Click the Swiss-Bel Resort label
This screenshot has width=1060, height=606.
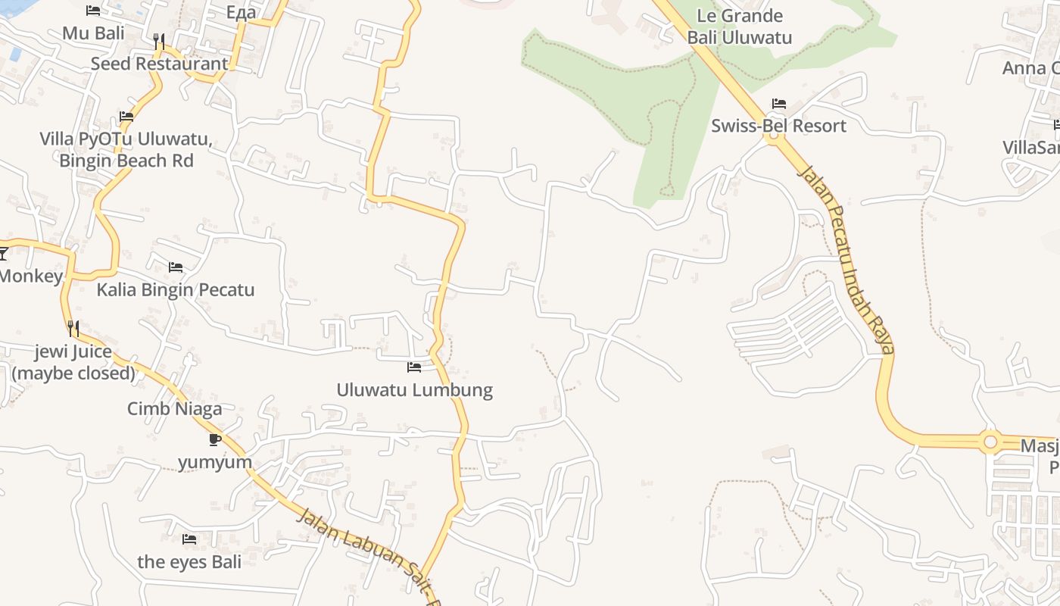click(778, 126)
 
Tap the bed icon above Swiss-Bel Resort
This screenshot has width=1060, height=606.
click(778, 104)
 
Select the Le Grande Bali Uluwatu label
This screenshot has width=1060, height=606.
click(739, 27)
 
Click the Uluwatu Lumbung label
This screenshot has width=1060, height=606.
click(414, 390)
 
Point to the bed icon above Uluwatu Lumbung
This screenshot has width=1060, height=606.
click(414, 367)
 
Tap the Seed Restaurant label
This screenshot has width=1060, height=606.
click(159, 64)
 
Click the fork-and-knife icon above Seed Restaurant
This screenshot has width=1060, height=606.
click(159, 41)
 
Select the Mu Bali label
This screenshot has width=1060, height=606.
click(93, 33)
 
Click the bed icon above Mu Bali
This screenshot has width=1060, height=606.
click(93, 11)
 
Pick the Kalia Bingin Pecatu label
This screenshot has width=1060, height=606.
click(175, 289)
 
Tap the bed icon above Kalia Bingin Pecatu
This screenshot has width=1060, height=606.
click(176, 267)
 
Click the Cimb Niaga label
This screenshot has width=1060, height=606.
click(174, 409)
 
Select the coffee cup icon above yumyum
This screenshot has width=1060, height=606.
click(215, 439)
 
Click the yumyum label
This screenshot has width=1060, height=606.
click(215, 462)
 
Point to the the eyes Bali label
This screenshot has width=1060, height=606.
click(189, 561)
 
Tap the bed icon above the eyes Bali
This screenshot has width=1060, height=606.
click(189, 539)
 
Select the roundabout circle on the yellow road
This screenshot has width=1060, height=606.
click(990, 442)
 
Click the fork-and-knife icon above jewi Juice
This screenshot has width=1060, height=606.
click(73, 329)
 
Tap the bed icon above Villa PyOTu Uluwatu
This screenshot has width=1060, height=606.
click(126, 117)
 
